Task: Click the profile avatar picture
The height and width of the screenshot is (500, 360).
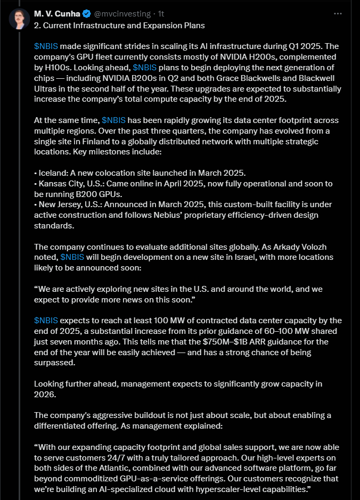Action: (x=18, y=19)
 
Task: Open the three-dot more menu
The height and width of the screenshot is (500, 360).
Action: (x=337, y=13)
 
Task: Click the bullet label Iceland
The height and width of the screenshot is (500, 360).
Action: (x=53, y=173)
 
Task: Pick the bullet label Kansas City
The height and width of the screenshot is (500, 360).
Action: (x=60, y=183)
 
